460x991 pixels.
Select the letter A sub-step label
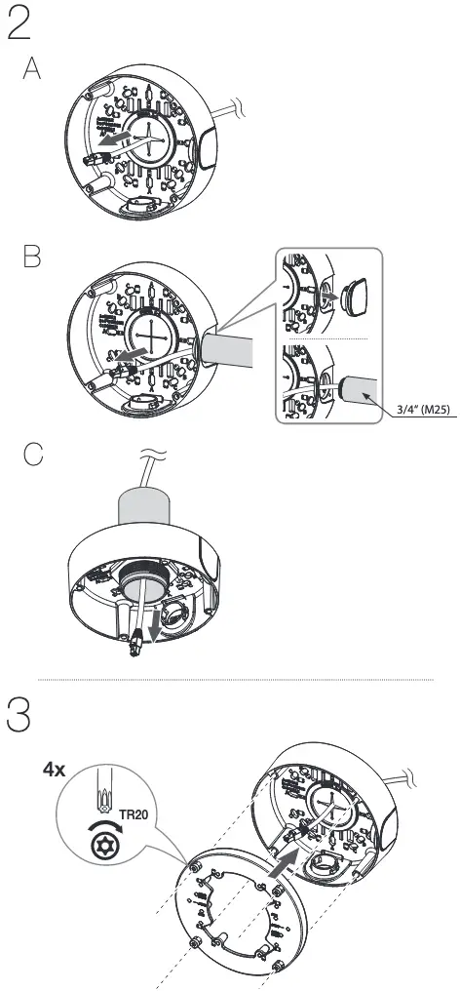click(33, 73)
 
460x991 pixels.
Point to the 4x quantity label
click(54, 769)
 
